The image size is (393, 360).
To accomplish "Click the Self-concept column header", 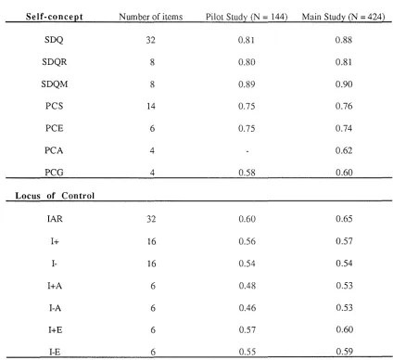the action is [x=55, y=17].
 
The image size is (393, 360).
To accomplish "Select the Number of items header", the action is [x=151, y=17].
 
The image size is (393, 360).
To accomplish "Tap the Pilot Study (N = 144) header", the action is [x=247, y=17].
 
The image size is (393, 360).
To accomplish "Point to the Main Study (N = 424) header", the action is [x=343, y=17].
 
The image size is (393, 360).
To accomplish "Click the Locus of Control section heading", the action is [x=55, y=196].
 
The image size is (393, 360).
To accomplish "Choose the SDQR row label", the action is [x=55, y=62].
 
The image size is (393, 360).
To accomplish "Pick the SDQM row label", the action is [x=55, y=84].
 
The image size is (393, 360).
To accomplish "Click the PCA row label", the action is [x=54, y=150].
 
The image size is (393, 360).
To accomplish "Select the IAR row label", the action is [x=55, y=219].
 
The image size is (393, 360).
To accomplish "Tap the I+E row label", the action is [x=56, y=330].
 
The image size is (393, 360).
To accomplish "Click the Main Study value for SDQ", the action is [x=344, y=40].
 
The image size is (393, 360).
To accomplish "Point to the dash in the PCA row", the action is [x=247, y=151].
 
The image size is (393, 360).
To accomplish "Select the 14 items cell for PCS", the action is [x=151, y=107].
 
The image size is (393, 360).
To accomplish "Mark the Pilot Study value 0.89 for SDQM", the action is [x=247, y=84].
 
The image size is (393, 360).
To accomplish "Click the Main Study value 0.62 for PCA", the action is [x=344, y=150].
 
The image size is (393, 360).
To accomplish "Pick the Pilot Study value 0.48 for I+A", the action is [x=247, y=286].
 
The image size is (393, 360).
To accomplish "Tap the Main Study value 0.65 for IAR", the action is [x=344, y=219].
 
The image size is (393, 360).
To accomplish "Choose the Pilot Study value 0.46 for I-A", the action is [x=247, y=308].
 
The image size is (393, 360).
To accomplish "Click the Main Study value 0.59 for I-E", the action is [x=345, y=352].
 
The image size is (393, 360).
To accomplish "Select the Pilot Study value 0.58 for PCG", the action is [x=247, y=173].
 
